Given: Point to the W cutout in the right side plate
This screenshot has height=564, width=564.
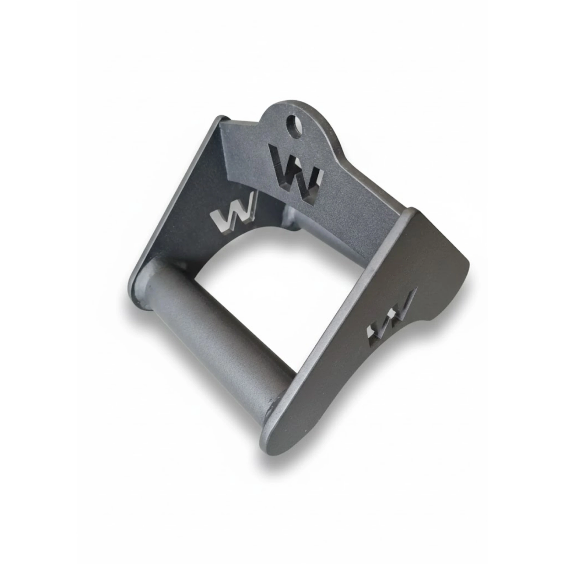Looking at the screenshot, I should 389,320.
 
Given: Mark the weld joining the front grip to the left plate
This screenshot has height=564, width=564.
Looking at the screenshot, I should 146,285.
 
